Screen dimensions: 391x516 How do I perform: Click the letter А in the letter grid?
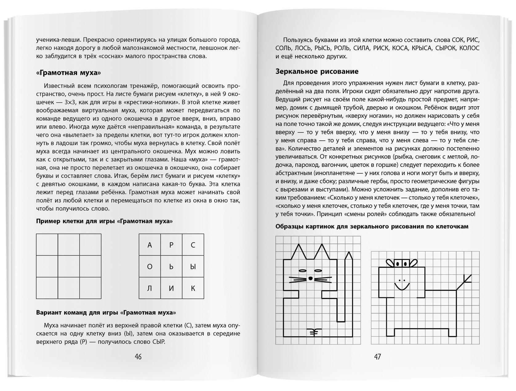[150, 245]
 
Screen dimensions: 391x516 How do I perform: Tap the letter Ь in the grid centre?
[171, 267]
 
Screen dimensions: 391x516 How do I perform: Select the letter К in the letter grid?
[193, 288]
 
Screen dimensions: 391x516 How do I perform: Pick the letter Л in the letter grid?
[150, 288]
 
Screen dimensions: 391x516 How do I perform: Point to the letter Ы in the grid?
[193, 267]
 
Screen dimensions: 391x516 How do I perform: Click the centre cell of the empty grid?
[69, 266]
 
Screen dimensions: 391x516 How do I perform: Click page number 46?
[138, 357]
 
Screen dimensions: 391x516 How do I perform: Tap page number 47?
[378, 357]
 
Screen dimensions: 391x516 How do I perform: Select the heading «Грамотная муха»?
[69, 73]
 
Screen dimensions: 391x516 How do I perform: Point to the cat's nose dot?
[310, 278]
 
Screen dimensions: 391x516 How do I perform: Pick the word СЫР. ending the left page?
[158, 342]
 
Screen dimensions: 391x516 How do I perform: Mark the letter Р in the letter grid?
[171, 245]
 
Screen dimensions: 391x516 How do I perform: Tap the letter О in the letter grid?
[150, 267]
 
